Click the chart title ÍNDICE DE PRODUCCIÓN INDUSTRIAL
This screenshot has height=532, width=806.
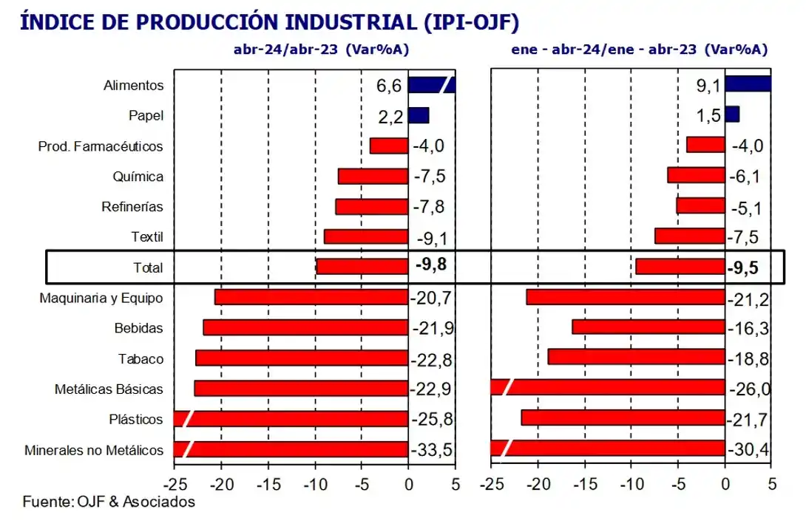click(x=270, y=21)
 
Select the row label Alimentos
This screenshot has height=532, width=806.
click(x=134, y=85)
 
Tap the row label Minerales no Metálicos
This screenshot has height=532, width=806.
click(x=94, y=450)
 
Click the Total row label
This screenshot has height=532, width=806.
click(x=149, y=267)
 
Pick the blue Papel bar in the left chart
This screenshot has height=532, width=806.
click(x=419, y=115)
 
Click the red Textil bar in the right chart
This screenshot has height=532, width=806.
click(x=690, y=236)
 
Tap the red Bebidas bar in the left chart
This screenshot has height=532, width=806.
click(x=305, y=328)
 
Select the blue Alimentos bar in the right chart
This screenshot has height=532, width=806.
click(x=748, y=83)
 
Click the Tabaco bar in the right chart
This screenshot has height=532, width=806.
click(x=636, y=358)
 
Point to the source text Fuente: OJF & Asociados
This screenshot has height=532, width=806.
click(x=109, y=502)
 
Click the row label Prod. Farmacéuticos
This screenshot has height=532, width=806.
click(x=101, y=146)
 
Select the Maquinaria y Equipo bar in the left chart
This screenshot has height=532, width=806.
click(x=311, y=297)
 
